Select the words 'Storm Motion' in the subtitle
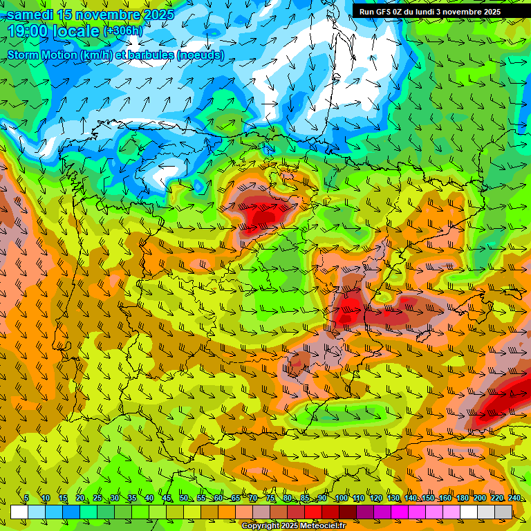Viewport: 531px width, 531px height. coord(41,55)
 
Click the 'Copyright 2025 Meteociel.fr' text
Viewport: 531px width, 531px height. coord(293,526)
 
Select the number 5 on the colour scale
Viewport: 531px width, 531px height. coord(26,499)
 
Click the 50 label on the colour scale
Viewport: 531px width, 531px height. coord(184,499)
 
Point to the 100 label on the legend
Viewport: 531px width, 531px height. coord(342,499)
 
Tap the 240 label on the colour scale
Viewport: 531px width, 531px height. coord(514,499)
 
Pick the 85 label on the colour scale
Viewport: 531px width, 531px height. coord(305,499)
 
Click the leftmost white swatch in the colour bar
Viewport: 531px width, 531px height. coord(19,512)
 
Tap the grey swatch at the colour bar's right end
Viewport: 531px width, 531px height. coord(503,512)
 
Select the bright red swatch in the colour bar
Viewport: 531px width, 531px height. coord(313,512)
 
